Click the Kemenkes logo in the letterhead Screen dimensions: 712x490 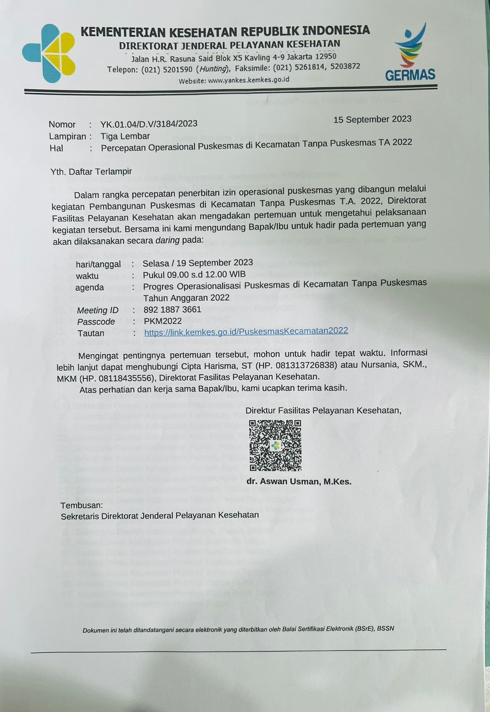[49, 53]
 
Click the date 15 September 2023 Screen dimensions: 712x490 [372, 119]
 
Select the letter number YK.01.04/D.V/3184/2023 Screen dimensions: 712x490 [149, 124]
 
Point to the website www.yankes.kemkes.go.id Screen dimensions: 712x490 [249, 80]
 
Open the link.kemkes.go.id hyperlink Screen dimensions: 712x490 [246, 331]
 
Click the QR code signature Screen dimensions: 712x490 [275, 445]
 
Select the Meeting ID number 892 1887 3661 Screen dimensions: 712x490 [172, 309]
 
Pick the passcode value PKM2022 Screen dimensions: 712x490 [163, 321]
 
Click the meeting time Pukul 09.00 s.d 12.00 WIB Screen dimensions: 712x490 [194, 275]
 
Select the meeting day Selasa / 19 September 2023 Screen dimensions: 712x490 [198, 263]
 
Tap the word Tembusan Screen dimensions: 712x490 [82, 505]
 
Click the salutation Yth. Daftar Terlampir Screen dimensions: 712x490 [91, 171]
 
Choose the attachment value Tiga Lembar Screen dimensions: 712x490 [125, 136]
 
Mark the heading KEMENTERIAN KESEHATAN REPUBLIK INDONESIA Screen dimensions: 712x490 [225, 31]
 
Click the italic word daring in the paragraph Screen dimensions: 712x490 [167, 240]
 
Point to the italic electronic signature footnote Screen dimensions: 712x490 [238, 629]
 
